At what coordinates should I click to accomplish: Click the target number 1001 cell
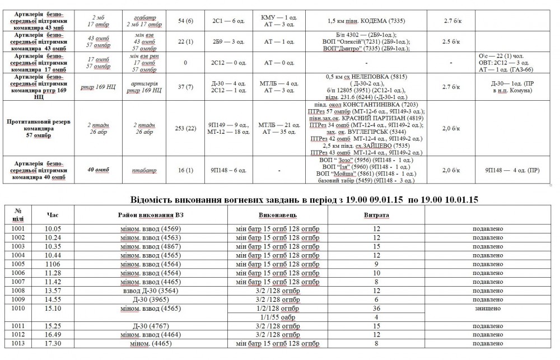pos(17,228)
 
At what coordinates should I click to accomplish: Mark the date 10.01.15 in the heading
pos(459,200)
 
